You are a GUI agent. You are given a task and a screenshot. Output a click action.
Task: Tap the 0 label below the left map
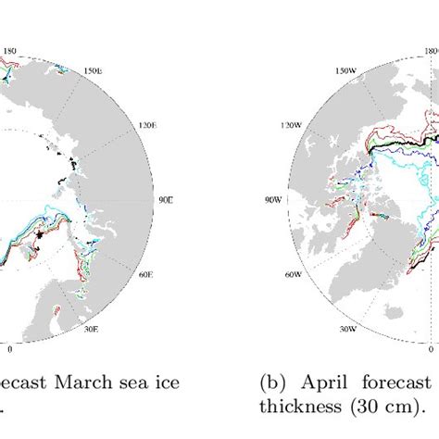click(10, 349)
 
